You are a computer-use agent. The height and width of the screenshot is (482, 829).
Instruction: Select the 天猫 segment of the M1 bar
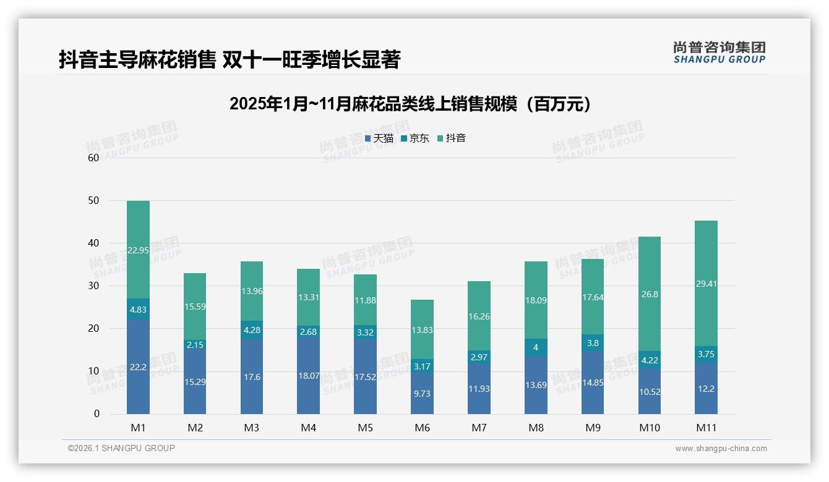tap(138, 366)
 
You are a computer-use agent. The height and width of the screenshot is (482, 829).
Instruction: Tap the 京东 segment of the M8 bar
tap(536, 347)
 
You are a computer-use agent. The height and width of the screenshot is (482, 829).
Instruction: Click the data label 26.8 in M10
tap(650, 294)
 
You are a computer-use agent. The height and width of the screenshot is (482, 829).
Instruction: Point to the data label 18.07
tap(308, 375)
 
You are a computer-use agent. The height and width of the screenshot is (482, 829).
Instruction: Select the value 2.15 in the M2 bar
tap(195, 344)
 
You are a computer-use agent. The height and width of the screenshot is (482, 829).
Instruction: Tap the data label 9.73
tap(422, 393)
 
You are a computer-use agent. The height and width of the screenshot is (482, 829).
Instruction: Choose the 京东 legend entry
tap(415, 138)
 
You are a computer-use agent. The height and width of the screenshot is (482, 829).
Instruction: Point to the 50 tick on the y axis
tap(93, 200)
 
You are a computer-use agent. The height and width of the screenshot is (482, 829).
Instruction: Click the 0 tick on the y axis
tap(97, 414)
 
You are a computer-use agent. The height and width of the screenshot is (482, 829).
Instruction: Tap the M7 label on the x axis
tap(479, 428)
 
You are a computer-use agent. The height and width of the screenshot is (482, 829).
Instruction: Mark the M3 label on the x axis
tap(251, 428)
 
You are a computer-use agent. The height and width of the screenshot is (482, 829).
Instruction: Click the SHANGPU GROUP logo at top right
tap(719, 53)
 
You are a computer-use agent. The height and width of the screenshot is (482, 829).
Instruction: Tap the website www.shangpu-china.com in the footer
tap(721, 449)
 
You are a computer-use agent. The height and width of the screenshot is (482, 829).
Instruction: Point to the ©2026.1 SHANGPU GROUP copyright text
tap(121, 448)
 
